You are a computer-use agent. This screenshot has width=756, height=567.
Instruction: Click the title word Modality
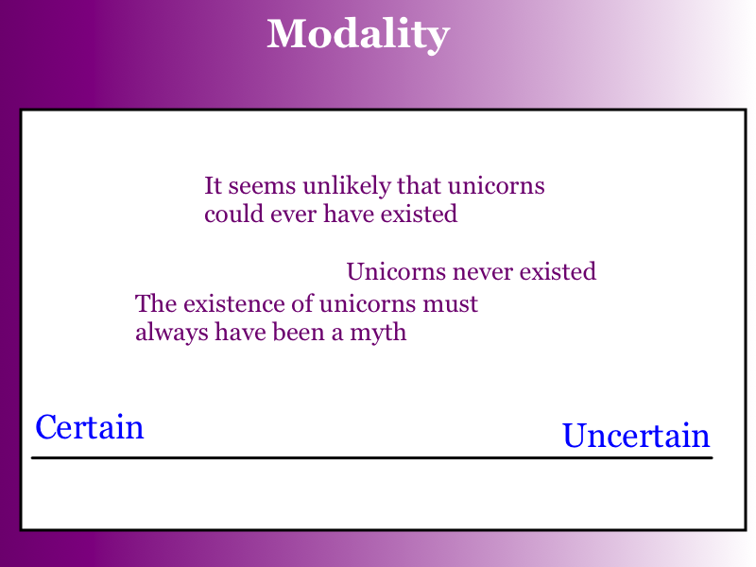click(358, 35)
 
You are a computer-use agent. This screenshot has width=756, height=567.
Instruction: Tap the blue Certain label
click(90, 427)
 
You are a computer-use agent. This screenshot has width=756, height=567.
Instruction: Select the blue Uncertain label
click(636, 435)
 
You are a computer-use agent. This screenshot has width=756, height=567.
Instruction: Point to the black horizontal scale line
click(371, 457)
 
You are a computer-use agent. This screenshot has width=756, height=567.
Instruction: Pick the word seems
click(262, 186)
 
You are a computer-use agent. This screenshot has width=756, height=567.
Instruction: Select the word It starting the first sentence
click(213, 185)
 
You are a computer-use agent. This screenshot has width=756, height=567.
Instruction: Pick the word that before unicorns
click(419, 185)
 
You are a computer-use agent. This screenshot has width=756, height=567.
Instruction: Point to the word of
click(303, 303)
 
